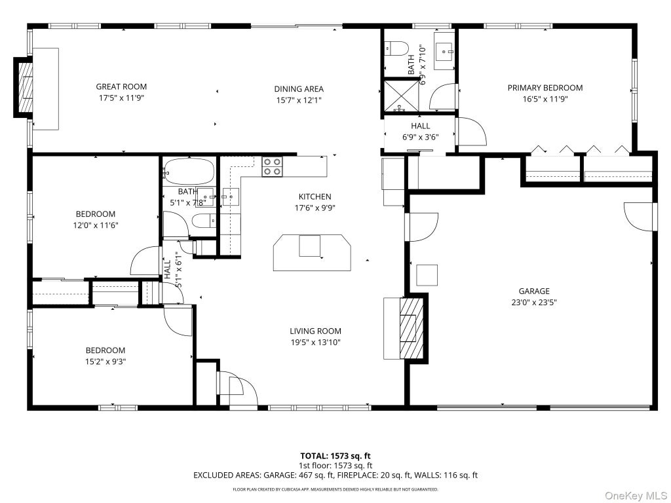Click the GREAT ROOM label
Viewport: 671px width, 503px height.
[121, 87]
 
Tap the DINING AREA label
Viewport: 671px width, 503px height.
[299, 89]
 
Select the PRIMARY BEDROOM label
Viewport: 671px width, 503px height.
[545, 88]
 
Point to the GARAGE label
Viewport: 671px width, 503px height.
[533, 291]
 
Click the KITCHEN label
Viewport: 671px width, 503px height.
[315, 196]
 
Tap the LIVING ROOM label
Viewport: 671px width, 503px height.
[315, 331]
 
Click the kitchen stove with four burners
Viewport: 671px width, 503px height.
[273, 166]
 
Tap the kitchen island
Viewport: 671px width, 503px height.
[312, 252]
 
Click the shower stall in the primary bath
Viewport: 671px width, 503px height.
[402, 96]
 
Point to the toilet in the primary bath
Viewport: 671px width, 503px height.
[393, 48]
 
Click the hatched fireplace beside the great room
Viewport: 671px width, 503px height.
[25, 87]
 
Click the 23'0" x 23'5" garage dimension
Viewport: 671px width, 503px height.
[533, 303]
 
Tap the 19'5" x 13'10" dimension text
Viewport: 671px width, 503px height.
[315, 342]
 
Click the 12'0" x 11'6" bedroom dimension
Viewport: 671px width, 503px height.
[96, 225]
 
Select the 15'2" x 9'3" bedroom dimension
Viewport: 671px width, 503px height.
[105, 362]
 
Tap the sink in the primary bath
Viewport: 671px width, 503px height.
[445, 51]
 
